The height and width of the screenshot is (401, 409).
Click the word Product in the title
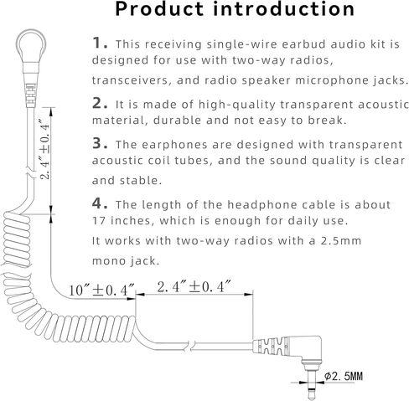(x=159, y=9)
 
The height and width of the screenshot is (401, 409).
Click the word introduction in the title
(x=284, y=9)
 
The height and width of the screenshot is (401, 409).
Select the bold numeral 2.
(x=100, y=103)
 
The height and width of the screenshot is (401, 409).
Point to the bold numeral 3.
(x=100, y=143)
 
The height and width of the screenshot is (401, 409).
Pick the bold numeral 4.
(x=100, y=203)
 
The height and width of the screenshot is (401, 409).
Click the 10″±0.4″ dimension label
(x=101, y=290)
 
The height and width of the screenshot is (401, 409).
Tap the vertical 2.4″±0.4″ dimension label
(x=44, y=149)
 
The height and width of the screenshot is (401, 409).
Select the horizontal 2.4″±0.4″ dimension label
(x=194, y=286)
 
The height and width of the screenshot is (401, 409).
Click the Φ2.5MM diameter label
(x=344, y=376)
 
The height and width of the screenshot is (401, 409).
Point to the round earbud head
(x=31, y=44)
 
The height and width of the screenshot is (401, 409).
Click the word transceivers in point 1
(x=131, y=80)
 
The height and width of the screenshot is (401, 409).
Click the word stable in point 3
(x=141, y=181)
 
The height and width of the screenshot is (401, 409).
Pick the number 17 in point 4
(x=99, y=221)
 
